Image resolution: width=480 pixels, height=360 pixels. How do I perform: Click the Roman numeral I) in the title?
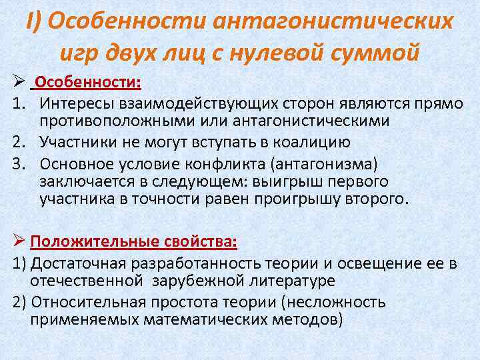(x=34, y=22)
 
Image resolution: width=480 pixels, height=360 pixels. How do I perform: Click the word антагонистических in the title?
(x=333, y=22)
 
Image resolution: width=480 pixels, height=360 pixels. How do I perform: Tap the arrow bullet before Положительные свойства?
(x=19, y=241)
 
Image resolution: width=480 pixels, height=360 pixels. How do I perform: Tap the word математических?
(x=199, y=319)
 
